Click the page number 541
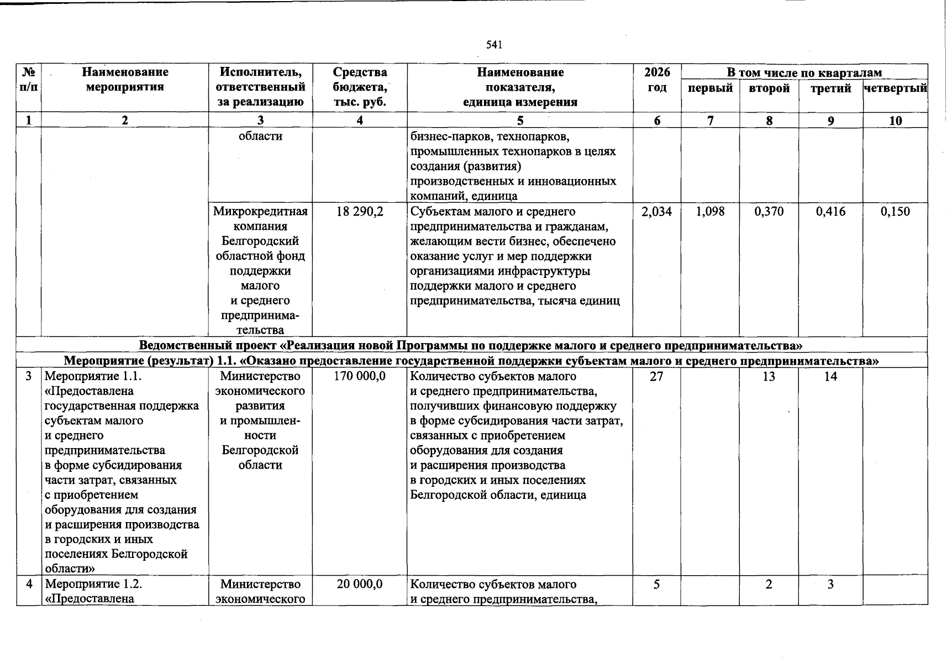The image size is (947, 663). (493, 45)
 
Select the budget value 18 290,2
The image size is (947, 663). (360, 212)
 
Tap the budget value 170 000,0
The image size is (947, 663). (360, 376)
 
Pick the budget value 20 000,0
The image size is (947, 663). (360, 584)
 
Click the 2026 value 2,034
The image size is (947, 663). (656, 212)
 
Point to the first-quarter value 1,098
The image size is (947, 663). (710, 212)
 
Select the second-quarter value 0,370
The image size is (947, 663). (769, 212)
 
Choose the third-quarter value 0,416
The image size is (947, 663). (830, 212)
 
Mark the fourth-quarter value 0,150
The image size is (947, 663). (895, 212)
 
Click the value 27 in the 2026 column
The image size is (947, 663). (656, 376)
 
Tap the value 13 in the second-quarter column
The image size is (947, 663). (769, 376)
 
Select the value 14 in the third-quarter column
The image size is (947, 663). (830, 376)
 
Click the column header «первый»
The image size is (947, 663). (710, 88)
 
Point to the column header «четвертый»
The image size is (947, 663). (895, 88)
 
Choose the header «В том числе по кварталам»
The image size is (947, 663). (804, 72)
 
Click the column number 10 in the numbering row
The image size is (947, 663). (895, 120)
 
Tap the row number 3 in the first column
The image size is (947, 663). (28, 376)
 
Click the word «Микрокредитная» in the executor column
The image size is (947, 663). (260, 212)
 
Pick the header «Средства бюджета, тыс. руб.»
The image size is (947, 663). (360, 87)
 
